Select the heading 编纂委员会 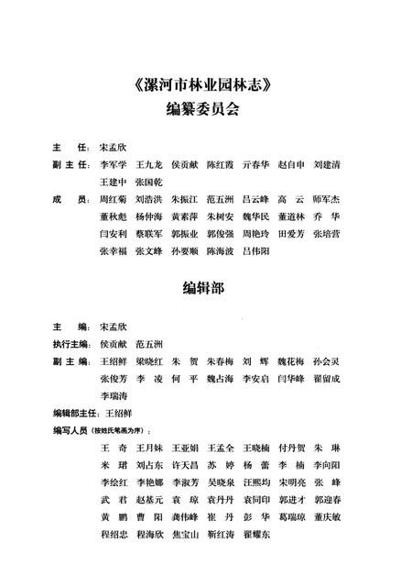pos(205,113)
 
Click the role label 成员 pos(68,199)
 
